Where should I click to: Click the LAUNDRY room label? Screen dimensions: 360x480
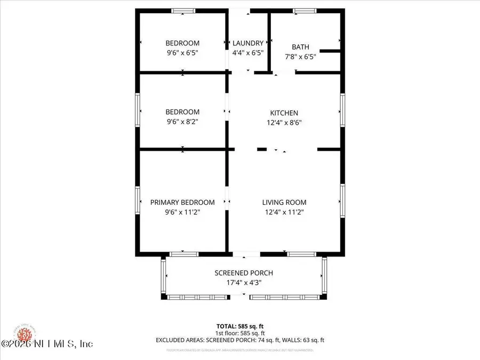[248, 43]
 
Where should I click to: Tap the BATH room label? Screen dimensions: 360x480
[300, 47]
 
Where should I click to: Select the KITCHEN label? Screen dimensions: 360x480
[284, 113]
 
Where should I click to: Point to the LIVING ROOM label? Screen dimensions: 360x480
[284, 202]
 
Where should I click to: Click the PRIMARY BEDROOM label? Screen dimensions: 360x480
[182, 202]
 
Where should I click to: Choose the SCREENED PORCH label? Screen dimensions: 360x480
[244, 273]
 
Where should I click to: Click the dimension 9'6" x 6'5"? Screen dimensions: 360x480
[182, 53]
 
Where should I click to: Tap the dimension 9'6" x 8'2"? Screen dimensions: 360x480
[182, 122]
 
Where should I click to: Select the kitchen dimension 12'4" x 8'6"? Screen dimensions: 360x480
[284, 122]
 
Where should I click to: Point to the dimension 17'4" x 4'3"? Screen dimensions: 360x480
[244, 282]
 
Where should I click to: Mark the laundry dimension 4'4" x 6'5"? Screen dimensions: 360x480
[248, 53]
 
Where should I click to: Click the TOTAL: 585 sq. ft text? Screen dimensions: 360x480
[239, 325]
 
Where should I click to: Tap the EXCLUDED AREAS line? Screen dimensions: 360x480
[239, 340]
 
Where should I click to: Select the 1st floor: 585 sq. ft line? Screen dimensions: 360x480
[239, 332]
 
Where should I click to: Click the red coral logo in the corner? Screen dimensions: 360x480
[24, 335]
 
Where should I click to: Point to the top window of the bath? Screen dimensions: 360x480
[305, 11]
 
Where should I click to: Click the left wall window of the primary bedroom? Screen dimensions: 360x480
[138, 201]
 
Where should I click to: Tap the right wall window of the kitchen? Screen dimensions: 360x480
[342, 110]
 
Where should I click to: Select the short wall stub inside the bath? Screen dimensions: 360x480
[330, 51]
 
